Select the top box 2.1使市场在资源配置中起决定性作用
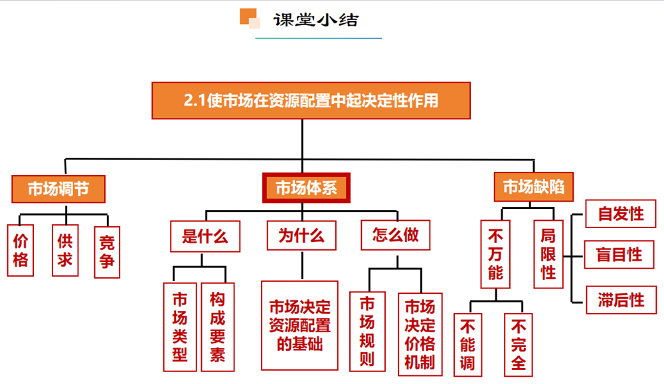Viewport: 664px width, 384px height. tap(311, 101)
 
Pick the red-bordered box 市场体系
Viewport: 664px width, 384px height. tap(306, 188)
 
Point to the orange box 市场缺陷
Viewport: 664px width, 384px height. tap(534, 187)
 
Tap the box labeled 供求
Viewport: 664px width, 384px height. tap(64, 251)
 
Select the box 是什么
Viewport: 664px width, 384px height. tap(205, 236)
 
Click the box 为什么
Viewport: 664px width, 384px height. tap(301, 236)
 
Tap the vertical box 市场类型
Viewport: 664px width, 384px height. tap(180, 326)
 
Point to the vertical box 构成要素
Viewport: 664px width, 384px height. tap(217, 326)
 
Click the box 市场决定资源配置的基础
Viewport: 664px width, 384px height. tap(299, 325)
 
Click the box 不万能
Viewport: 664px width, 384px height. tap(495, 254)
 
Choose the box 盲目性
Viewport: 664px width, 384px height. tap(620, 255)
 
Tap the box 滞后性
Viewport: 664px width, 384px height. tap(620, 299)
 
